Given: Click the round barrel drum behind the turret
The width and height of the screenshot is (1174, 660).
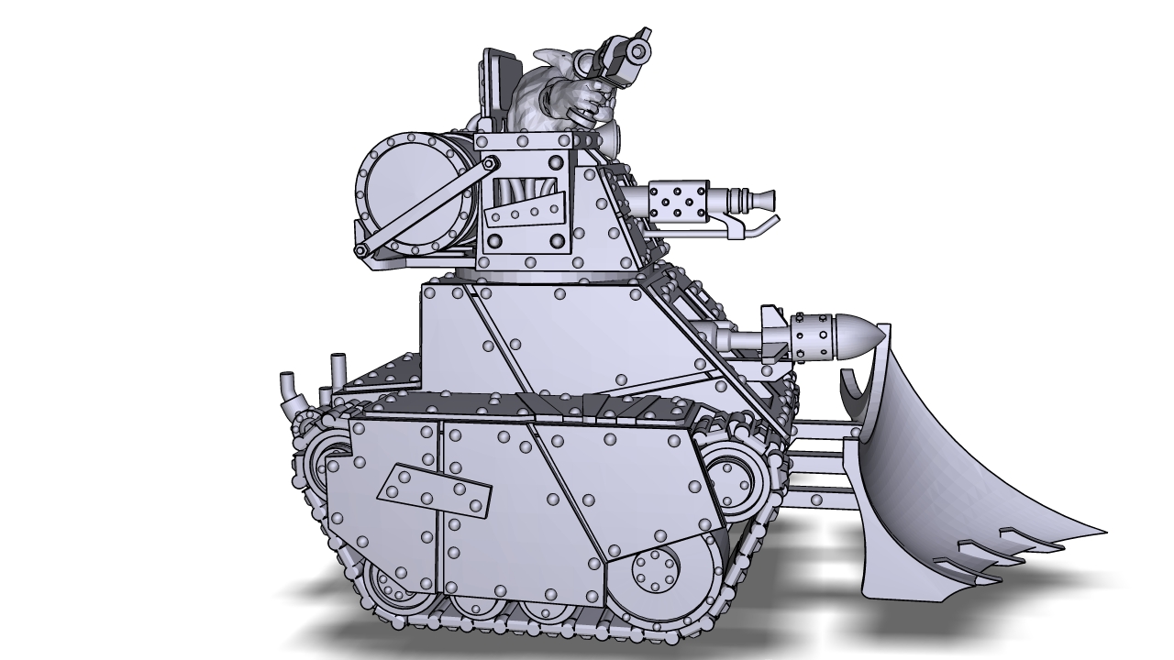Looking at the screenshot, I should click(404, 192).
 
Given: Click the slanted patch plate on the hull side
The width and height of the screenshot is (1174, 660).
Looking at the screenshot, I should click(432, 494).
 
